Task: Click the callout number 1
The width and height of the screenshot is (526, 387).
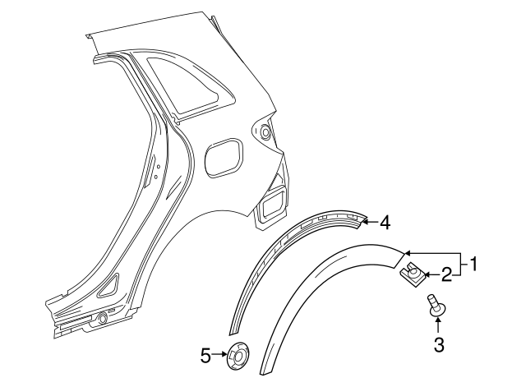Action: pyautogui.click(x=473, y=265)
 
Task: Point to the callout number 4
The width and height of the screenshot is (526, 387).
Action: pyautogui.click(x=385, y=221)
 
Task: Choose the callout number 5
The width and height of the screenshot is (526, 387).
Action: pyautogui.click(x=205, y=356)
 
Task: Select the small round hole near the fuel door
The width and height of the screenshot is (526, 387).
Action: pyautogui.click(x=265, y=130)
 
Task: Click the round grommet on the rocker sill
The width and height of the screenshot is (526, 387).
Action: pyautogui.click(x=101, y=319)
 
